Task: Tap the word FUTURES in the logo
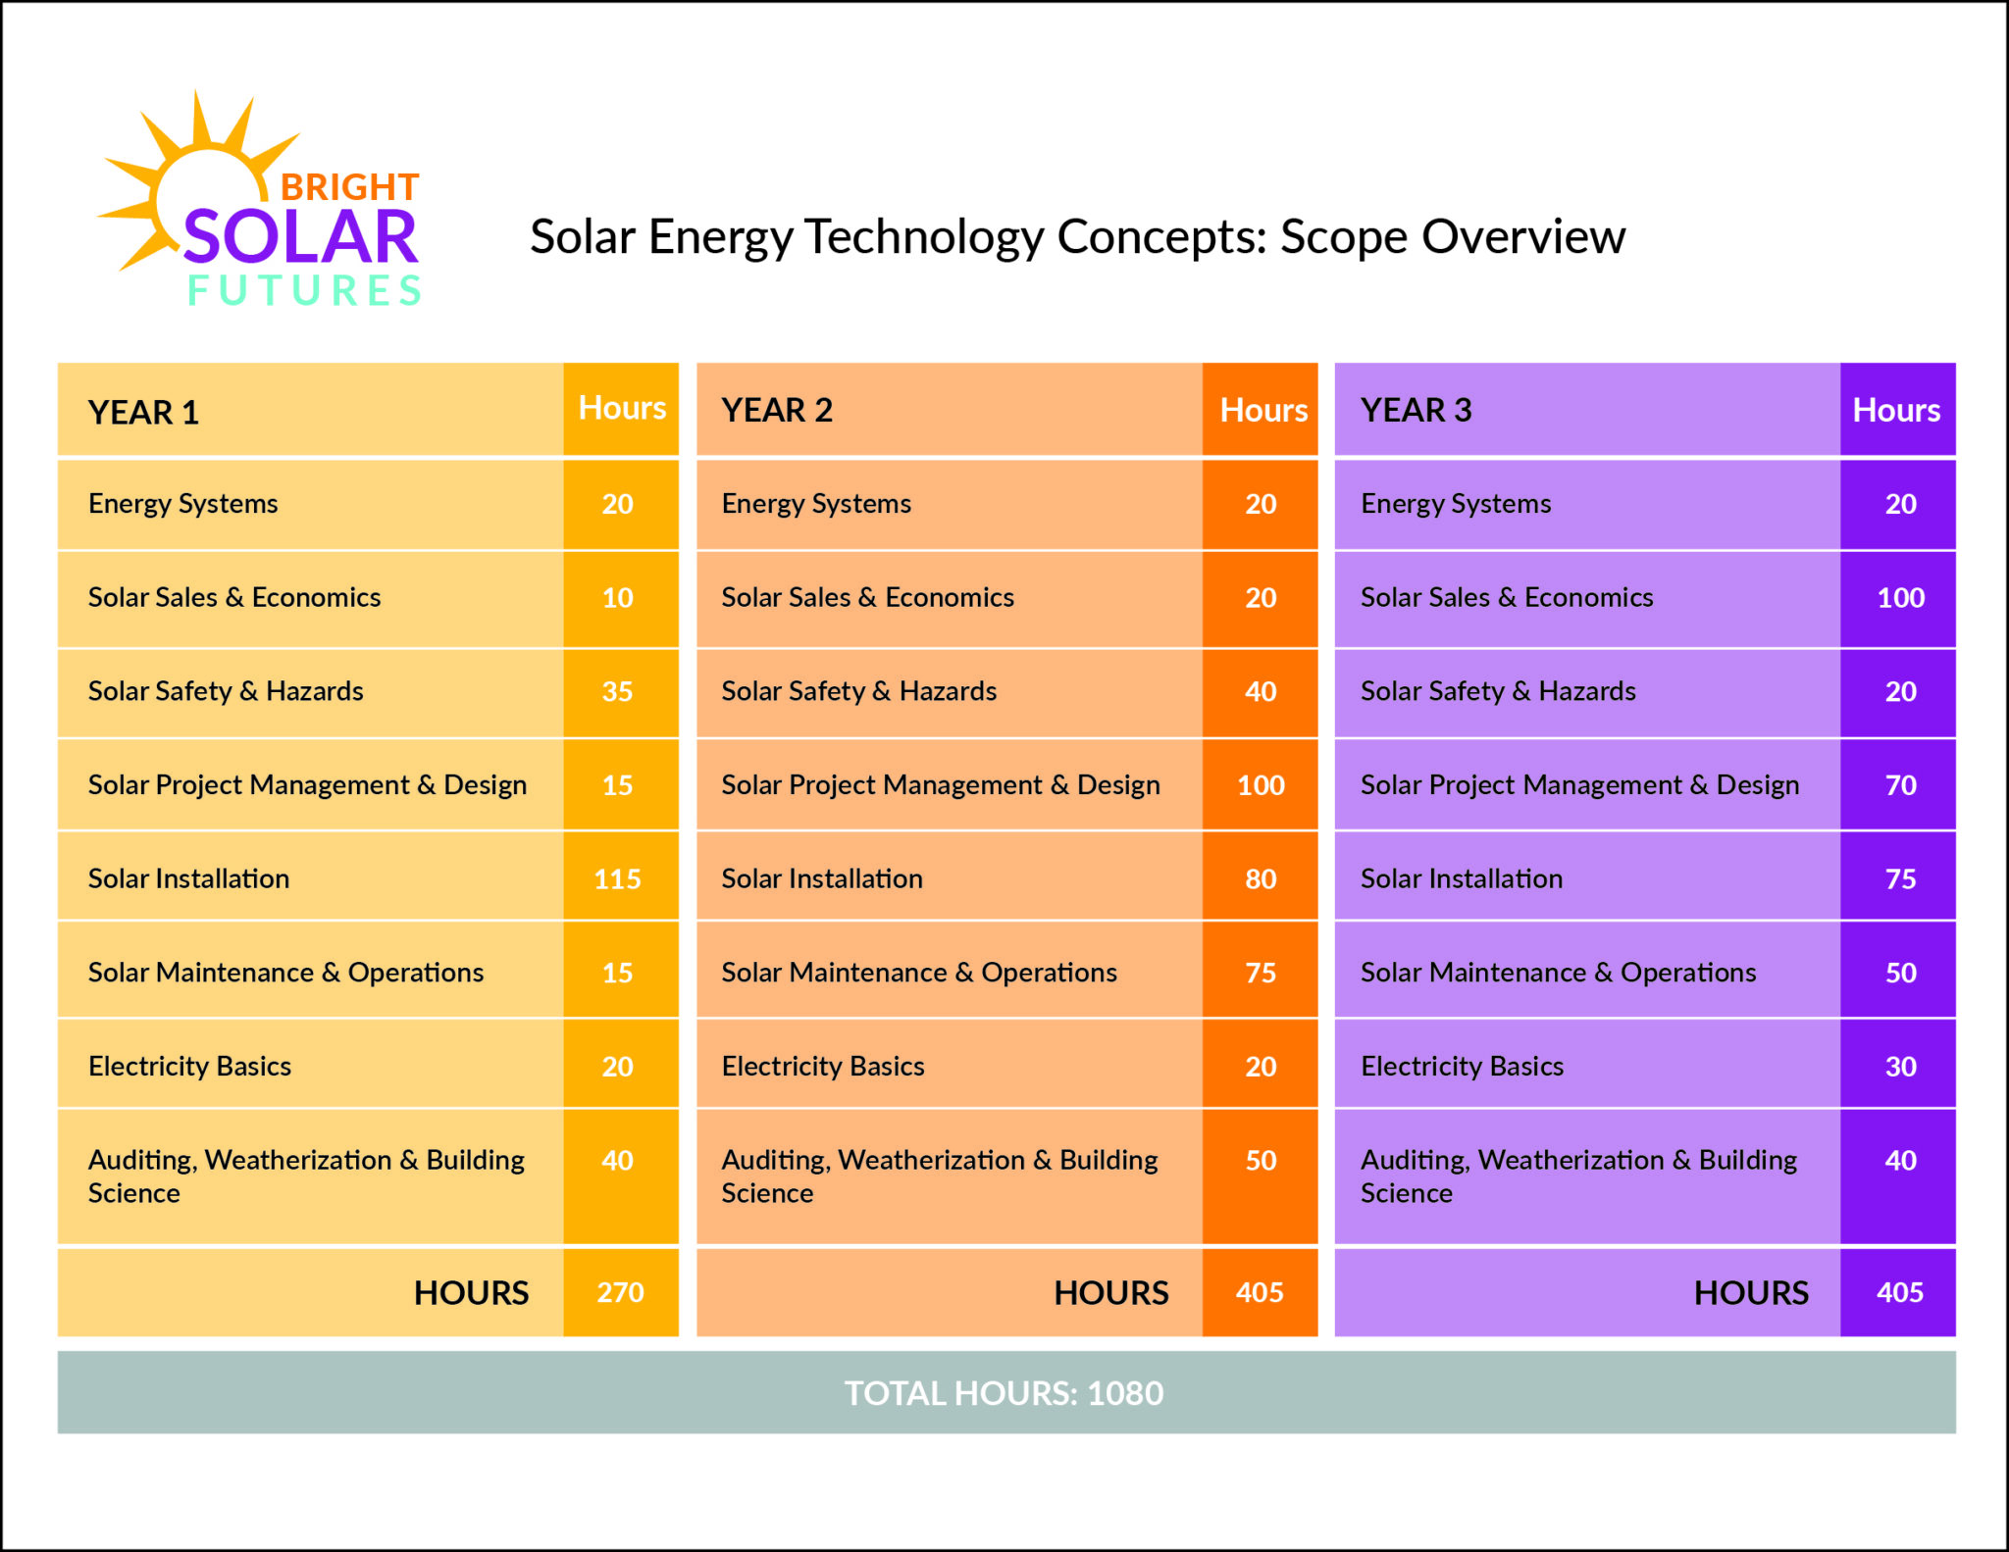coord(304,290)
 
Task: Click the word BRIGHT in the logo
coord(349,186)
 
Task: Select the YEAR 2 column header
coord(777,410)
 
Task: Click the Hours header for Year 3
coord(1895,410)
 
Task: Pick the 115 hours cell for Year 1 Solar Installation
coord(617,878)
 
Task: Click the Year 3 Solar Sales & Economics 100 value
coord(1900,597)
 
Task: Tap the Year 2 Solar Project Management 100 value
coord(1261,784)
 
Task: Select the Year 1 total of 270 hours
coord(620,1292)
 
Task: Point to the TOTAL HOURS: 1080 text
coord(1004,1392)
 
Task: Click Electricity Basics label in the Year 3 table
coord(1462,1066)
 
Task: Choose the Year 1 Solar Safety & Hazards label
coord(226,691)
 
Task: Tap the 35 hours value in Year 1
coord(617,691)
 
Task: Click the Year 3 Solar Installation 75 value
coord(1900,878)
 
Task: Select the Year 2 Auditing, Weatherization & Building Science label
coord(939,1176)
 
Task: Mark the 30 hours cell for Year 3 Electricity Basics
coord(1900,1066)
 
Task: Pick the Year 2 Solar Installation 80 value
coord(1261,878)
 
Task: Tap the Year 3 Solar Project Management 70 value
coord(1900,784)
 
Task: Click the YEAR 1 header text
coord(143,412)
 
